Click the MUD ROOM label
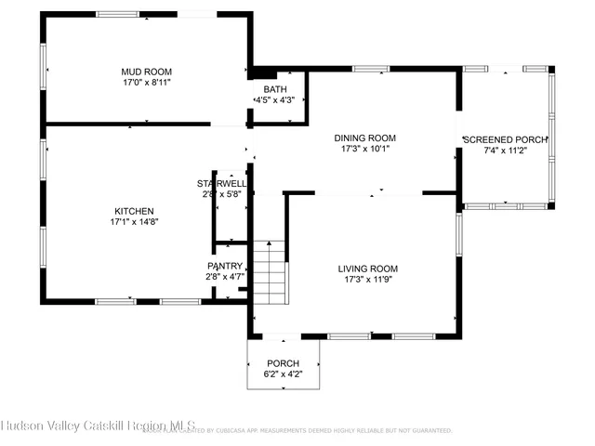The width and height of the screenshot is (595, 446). (146, 72)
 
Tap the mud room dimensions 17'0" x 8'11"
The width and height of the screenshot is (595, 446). (146, 83)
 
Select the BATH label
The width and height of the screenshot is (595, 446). (274, 89)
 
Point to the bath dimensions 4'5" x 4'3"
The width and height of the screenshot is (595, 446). (274, 99)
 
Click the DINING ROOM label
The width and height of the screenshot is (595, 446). (365, 138)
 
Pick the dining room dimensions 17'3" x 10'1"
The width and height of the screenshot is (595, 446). (365, 148)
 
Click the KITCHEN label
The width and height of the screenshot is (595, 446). (134, 211)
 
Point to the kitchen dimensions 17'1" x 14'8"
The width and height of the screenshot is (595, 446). (134, 222)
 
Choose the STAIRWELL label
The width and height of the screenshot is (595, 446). (221, 183)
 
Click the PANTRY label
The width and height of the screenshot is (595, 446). (224, 266)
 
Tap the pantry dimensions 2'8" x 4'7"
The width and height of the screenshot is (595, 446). (224, 276)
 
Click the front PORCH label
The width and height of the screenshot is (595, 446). (283, 363)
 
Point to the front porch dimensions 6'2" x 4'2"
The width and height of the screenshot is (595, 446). (283, 374)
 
